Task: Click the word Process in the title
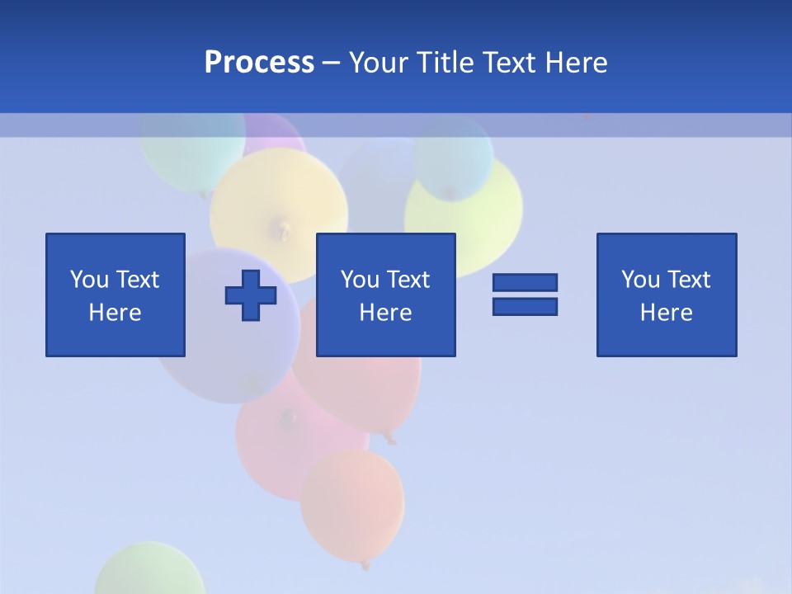(x=259, y=63)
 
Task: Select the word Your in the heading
(x=379, y=63)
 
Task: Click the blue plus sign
(x=251, y=295)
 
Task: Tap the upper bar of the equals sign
(x=525, y=283)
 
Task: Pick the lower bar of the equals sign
(x=525, y=306)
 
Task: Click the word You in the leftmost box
(x=89, y=280)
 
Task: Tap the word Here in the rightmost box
(x=667, y=313)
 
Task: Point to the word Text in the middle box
(x=408, y=280)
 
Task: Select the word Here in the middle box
(x=386, y=313)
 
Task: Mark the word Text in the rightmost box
(x=688, y=280)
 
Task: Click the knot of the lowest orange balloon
(x=365, y=565)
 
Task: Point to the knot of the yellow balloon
(x=285, y=228)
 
